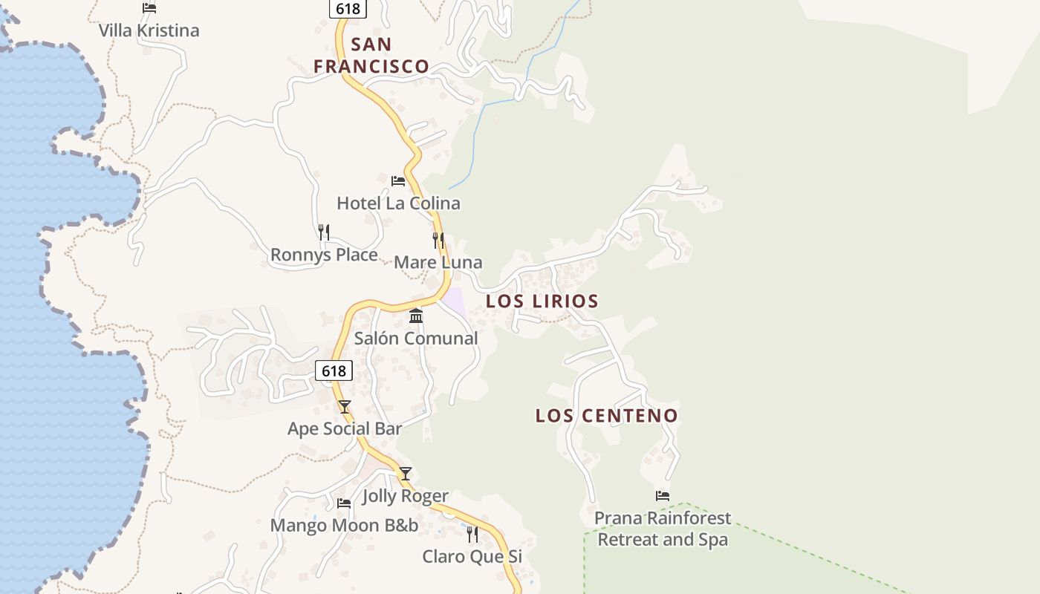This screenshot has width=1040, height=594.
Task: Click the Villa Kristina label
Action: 149,30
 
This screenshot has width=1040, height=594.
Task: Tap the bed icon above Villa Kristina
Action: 149,8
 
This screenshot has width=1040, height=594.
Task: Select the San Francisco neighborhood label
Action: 371,55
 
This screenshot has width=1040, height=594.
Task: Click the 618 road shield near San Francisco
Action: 348,8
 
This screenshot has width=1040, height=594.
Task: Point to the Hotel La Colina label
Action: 398,203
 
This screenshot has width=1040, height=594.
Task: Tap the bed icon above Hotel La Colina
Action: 398,180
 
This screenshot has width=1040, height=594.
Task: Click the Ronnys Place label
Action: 324,255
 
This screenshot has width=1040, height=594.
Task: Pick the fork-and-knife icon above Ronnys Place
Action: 324,232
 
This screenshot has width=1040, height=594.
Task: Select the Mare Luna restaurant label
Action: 438,262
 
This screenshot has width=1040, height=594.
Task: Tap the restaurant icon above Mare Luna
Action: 438,240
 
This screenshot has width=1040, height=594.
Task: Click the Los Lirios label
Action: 542,301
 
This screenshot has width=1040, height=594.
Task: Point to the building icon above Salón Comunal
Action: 416,316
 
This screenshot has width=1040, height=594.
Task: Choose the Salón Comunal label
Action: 416,338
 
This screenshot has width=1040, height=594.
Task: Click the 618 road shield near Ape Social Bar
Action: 334,371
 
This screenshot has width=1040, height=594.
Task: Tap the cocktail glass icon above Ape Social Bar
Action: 345,406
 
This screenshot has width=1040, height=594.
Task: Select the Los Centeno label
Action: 607,415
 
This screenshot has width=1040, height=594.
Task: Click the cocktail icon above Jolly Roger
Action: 405,473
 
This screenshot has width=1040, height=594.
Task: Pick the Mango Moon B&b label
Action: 344,526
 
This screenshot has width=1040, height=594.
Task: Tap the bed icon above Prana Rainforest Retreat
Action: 663,495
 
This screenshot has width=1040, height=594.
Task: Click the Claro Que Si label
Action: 472,556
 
